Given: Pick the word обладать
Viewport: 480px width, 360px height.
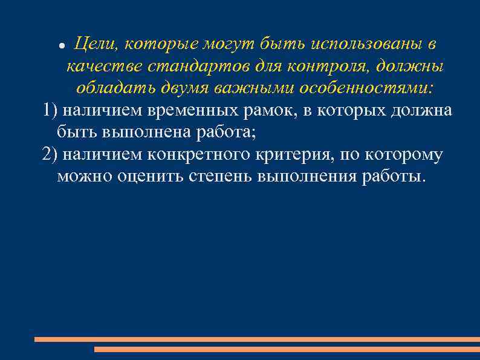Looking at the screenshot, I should point(115,88).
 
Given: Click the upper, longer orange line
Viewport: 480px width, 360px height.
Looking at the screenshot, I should point(257,339).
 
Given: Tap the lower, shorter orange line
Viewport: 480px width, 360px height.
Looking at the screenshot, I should point(287,349).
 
